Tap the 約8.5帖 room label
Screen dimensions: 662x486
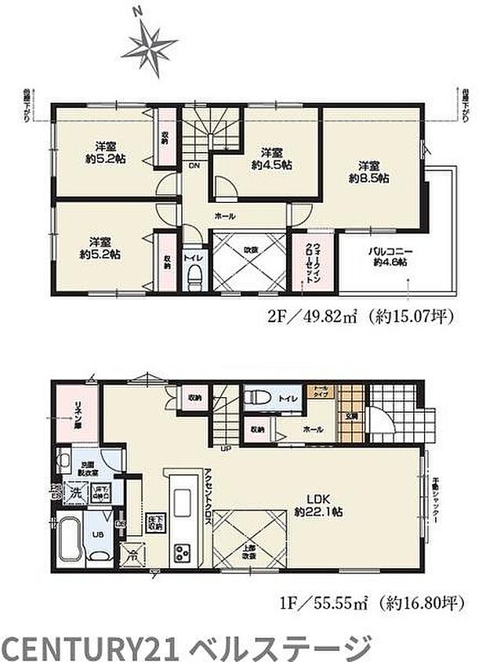point(369,172)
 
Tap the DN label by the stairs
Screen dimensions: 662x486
point(193,165)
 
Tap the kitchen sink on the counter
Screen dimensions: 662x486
point(180,501)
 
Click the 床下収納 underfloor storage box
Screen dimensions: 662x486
point(155,521)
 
